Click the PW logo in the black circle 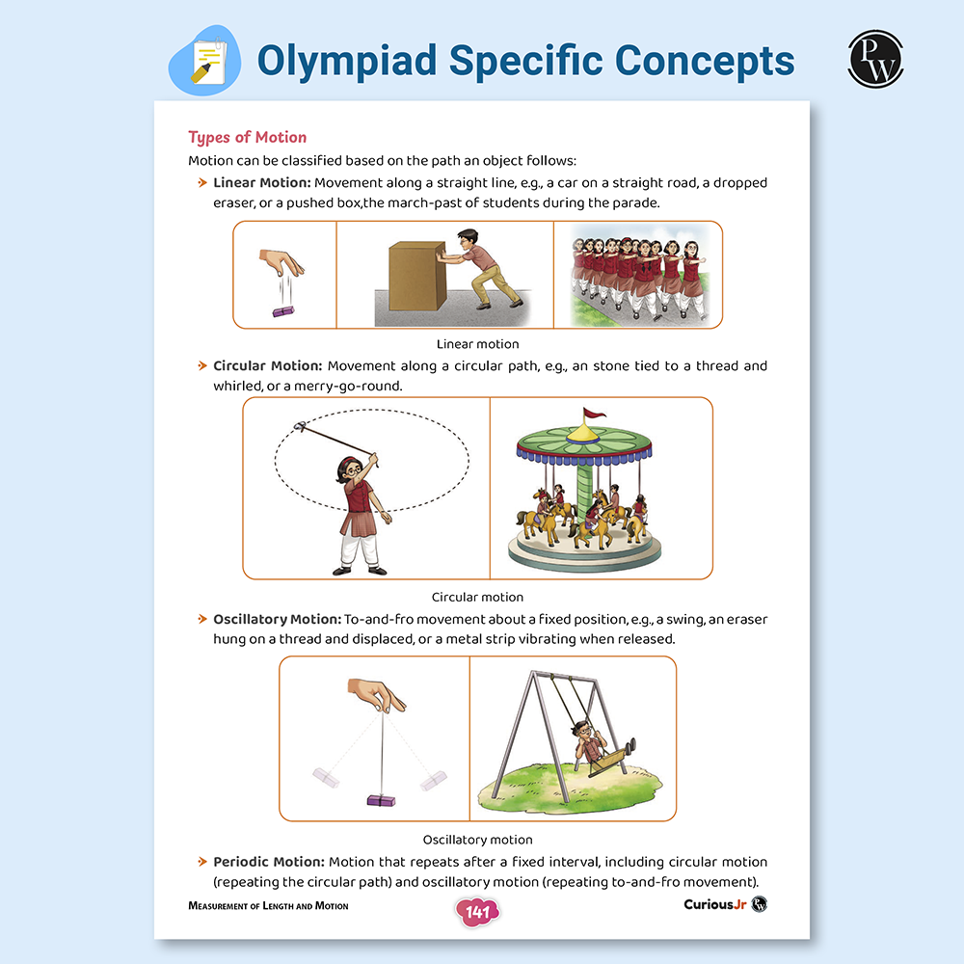pyautogui.click(x=875, y=60)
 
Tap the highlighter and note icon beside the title pyautogui.click(x=205, y=62)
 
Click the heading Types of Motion pyautogui.click(x=247, y=137)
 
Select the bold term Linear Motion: pyautogui.click(x=262, y=182)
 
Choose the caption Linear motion pyautogui.click(x=477, y=344)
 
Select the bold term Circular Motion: pyautogui.click(x=268, y=366)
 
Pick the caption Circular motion pyautogui.click(x=477, y=597)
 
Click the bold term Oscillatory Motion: pyautogui.click(x=278, y=619)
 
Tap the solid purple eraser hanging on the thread pyautogui.click(x=384, y=798)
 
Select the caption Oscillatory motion pyautogui.click(x=477, y=840)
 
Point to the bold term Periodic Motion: pyautogui.click(x=269, y=862)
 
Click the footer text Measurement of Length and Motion pyautogui.click(x=268, y=906)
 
